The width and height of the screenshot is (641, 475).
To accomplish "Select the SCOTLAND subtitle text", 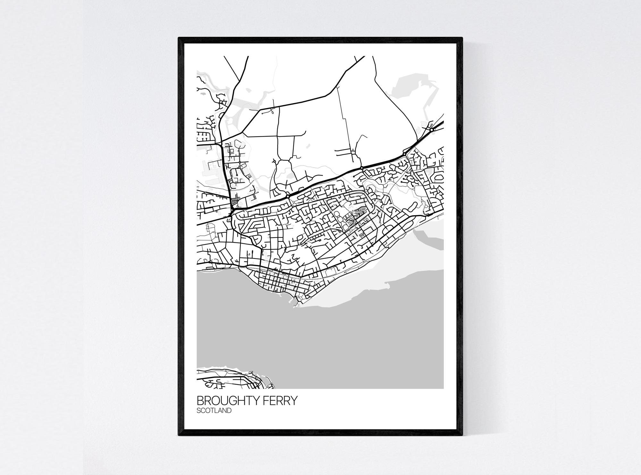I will point(214,411).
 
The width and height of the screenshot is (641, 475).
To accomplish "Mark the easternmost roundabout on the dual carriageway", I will point(432,130).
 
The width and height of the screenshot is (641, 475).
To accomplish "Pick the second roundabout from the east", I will point(405,154).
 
